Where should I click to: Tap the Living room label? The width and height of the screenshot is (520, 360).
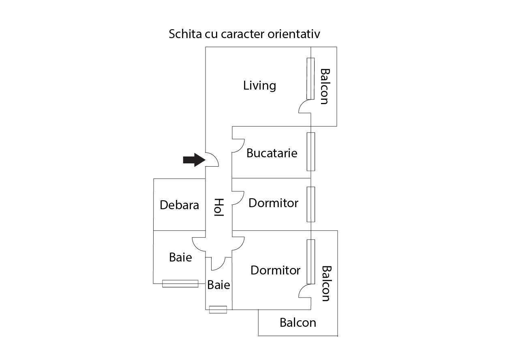click(259, 86)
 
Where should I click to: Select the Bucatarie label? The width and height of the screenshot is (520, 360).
click(272, 153)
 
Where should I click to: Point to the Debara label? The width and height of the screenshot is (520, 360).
click(179, 205)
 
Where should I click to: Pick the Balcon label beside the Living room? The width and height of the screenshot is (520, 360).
click(324, 86)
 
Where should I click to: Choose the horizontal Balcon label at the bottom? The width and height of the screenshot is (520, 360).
click(298, 323)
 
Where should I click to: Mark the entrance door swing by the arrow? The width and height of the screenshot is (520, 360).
click(212, 160)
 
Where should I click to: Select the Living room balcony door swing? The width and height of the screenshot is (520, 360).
click(305, 107)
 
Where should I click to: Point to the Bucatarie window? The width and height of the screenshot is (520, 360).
click(311, 152)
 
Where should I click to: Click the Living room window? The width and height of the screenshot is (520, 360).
click(310, 79)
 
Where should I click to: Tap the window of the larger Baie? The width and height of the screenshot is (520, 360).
click(180, 284)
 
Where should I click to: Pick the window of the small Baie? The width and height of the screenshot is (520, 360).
click(218, 310)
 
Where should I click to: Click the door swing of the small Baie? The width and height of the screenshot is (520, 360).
click(218, 264)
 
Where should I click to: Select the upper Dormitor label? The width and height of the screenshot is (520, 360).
click(273, 203)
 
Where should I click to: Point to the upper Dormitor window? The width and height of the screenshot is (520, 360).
click(311, 204)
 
